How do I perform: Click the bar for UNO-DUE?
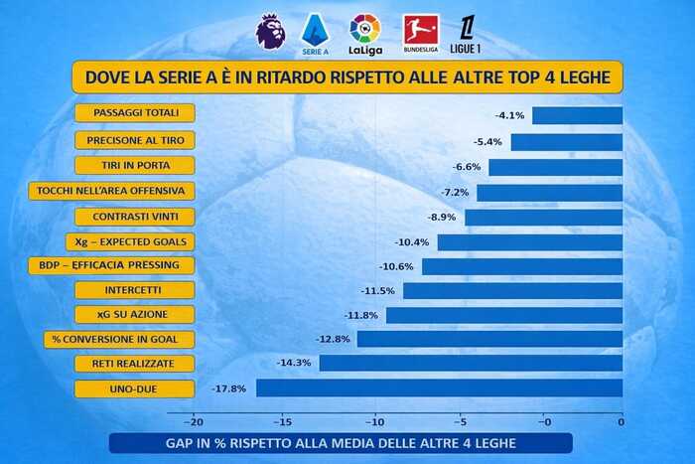tap(439, 387)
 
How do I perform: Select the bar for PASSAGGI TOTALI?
tap(577, 115)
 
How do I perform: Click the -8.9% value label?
tap(442, 217)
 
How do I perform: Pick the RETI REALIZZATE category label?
tap(134, 363)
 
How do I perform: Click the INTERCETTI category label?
tap(134, 290)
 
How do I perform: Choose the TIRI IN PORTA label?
tap(134, 165)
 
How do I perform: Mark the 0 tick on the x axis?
tap(622, 421)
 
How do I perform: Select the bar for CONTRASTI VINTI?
tap(543, 217)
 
